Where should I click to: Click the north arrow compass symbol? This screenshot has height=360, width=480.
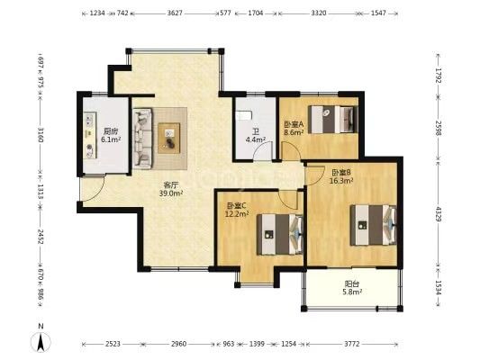point(41,341)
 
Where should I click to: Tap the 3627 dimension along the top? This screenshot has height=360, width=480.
point(175,13)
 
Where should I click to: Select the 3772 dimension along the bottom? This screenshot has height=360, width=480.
point(352,344)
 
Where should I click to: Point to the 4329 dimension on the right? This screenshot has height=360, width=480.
point(439,214)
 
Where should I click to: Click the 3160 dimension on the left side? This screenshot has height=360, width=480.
point(41,134)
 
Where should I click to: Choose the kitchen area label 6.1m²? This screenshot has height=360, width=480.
point(111,139)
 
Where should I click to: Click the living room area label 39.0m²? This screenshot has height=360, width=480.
point(171,193)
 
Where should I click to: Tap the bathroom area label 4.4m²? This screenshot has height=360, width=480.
point(255,139)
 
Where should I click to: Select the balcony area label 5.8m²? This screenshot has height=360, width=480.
point(352,292)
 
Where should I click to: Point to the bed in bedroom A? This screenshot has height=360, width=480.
point(332,120)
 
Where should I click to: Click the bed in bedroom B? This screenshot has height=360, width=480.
point(373,225)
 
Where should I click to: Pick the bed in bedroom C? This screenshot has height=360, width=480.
point(280,234)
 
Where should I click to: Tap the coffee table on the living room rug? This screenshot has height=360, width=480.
point(168,138)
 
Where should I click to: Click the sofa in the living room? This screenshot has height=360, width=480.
point(142,139)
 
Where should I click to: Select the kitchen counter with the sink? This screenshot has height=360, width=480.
point(90,135)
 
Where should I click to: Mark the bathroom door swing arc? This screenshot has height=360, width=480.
point(262,149)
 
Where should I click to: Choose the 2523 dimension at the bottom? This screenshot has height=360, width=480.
point(113,344)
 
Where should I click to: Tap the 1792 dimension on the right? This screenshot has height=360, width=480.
point(439,76)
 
